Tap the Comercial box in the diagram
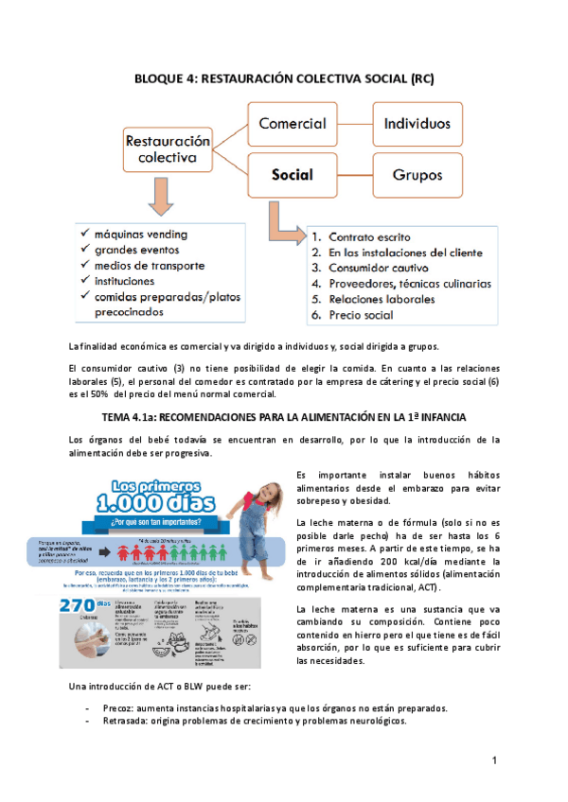(x=293, y=124)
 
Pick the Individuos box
(x=417, y=124)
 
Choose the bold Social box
(x=293, y=175)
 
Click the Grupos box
(x=417, y=175)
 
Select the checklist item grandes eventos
(x=138, y=250)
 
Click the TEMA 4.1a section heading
(x=284, y=417)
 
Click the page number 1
(x=494, y=760)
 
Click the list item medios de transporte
(x=150, y=266)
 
